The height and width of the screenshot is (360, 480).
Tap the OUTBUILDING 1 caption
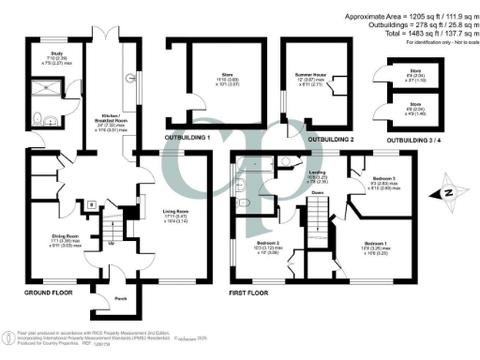click(x=188, y=138)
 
